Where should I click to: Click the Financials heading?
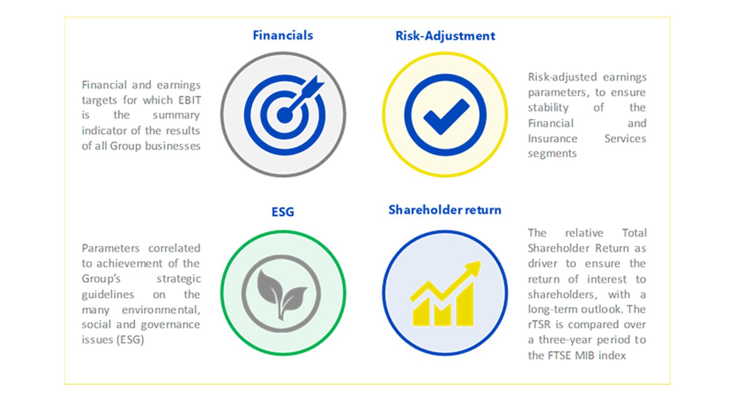tap(283, 35)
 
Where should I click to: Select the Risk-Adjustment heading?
tap(445, 36)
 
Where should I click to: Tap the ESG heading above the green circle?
tap(283, 212)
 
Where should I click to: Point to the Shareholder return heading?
tap(445, 210)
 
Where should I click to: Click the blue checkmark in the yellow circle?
tap(446, 116)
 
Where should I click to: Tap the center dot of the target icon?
tap(284, 115)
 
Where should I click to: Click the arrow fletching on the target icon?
tap(313, 86)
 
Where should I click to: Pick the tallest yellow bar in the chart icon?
tap(465, 305)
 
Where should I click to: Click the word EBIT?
tap(190, 100)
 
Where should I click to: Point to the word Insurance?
tap(553, 138)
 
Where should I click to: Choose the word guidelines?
tap(108, 294)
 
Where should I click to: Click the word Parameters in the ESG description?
tap(111, 248)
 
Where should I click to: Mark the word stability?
tap(548, 108)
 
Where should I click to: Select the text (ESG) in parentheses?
tap(130, 340)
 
